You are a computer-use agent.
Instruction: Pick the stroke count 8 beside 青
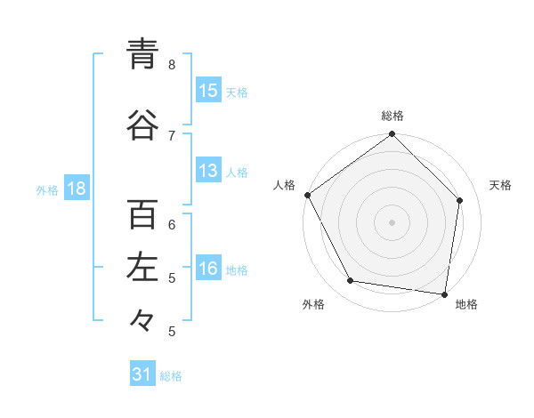[172, 64]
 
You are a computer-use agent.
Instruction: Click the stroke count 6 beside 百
[172, 224]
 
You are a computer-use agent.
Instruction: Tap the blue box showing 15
[208, 91]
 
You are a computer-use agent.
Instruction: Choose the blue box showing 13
[208, 171]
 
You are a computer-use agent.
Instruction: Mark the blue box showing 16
[208, 269]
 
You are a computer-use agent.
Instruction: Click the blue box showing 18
[76, 189]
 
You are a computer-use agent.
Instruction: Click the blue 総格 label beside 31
[171, 376]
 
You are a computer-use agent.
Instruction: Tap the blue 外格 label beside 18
[47, 190]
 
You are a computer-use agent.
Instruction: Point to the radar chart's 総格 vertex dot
[392, 134]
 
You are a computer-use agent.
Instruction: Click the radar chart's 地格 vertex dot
[444, 293]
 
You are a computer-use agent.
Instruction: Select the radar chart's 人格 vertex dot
[307, 195]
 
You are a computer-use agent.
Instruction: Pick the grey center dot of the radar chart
[392, 221]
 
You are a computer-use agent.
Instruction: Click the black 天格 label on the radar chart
[500, 185]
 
